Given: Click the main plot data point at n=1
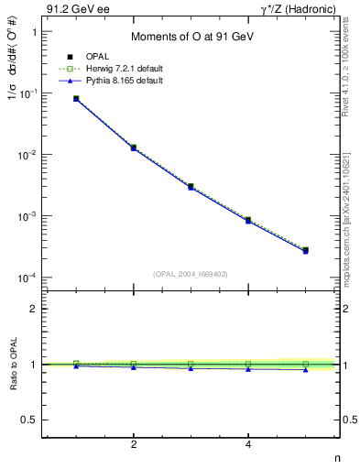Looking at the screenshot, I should pyautogui.click(x=76, y=98).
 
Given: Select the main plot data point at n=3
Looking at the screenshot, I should pyautogui.click(x=191, y=186).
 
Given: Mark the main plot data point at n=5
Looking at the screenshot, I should pyautogui.click(x=305, y=250).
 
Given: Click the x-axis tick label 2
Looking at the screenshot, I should pyautogui.click(x=134, y=445).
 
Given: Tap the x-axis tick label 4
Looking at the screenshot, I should pyautogui.click(x=248, y=445).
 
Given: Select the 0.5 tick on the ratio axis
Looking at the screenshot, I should pyautogui.click(x=28, y=420).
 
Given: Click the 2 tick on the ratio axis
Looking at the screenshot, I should pyautogui.click(x=33, y=310).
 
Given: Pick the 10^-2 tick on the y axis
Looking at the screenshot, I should pyautogui.click(x=27, y=155).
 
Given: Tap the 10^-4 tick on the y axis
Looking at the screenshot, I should pyautogui.click(x=27, y=278).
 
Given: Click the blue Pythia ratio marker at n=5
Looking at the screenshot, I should pyautogui.click(x=305, y=370).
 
